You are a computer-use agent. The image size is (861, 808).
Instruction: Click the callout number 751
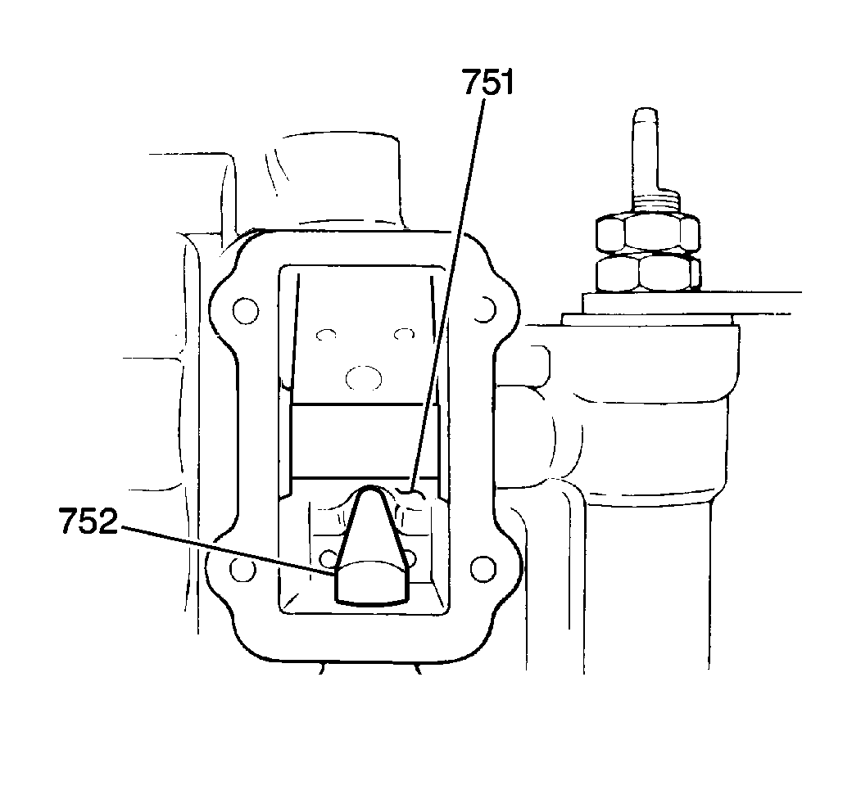pyautogui.click(x=487, y=83)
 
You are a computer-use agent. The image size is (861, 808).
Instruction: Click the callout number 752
pyautogui.click(x=88, y=521)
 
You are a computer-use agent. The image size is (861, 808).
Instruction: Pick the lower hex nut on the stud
pyautogui.click(x=648, y=273)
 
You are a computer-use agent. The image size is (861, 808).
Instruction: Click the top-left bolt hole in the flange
pyautogui.click(x=246, y=311)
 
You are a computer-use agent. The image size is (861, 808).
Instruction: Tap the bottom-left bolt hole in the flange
pyautogui.click(x=243, y=569)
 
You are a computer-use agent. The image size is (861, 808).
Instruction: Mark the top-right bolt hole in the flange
pyautogui.click(x=484, y=310)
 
